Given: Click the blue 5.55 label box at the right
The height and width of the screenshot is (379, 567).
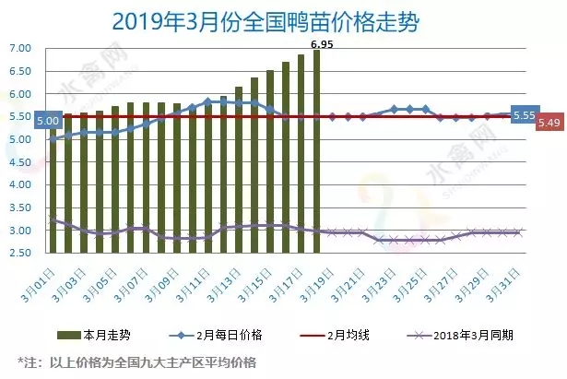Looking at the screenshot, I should point(523,114).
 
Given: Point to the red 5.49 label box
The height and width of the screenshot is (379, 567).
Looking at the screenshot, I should point(549,123).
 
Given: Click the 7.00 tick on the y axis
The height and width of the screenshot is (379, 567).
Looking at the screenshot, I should point(19,48).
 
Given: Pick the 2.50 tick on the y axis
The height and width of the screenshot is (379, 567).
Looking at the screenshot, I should point(19,253).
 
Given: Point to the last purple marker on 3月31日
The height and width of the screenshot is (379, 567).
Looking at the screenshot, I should point(519,232).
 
